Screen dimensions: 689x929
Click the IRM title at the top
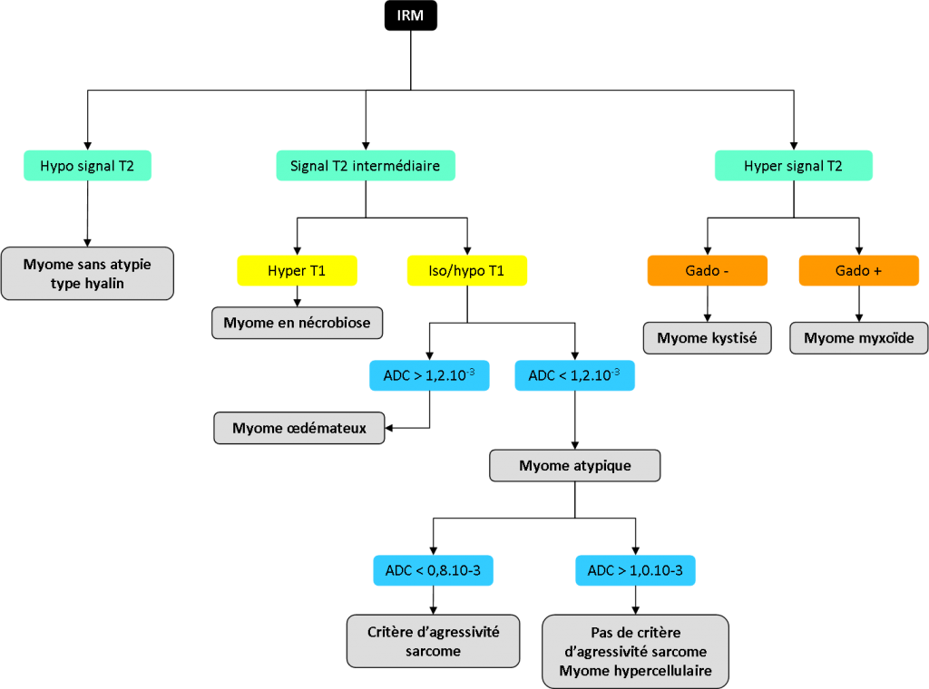point(410,15)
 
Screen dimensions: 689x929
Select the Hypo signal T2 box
point(87,166)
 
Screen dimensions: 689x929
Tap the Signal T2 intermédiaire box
point(365,166)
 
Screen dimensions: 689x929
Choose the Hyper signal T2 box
point(793,166)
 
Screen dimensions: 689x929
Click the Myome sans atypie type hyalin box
point(87,274)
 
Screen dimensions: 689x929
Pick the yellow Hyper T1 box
point(297,271)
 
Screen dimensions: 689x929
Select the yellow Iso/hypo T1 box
point(467,271)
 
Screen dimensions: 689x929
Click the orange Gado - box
point(707,271)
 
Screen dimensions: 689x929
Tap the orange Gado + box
point(858,271)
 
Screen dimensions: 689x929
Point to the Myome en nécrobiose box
point(298,323)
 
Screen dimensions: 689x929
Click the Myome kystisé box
point(708,338)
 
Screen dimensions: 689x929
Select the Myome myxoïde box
point(859,338)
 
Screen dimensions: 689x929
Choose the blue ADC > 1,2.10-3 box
point(429,375)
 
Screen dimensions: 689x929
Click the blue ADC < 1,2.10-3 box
point(574,375)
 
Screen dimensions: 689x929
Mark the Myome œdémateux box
point(299,428)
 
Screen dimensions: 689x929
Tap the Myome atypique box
point(574,466)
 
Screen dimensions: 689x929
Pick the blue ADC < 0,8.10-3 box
point(433,570)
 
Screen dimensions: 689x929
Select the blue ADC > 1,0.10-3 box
point(635,570)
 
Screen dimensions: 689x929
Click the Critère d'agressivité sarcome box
point(433,641)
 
